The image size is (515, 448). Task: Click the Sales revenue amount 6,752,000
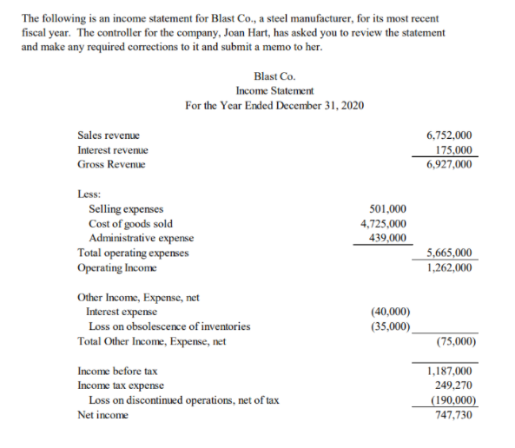[450, 135]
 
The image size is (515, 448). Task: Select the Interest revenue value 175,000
[452, 149]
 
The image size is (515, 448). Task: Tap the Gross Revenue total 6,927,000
[450, 163]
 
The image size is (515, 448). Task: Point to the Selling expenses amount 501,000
[386, 209]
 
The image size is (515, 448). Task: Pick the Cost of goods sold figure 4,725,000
[383, 224]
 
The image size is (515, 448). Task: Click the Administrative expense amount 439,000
[386, 238]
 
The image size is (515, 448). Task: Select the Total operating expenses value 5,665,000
[450, 253]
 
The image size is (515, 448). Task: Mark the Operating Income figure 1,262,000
[450, 267]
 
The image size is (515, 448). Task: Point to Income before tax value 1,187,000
[450, 371]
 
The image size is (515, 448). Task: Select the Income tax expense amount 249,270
[452, 385]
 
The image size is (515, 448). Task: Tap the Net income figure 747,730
[452, 415]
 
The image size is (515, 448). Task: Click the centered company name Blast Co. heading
[274, 76]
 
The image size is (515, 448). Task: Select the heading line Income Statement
[274, 90]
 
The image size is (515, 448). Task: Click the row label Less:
[89, 194]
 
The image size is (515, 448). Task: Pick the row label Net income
[102, 415]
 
